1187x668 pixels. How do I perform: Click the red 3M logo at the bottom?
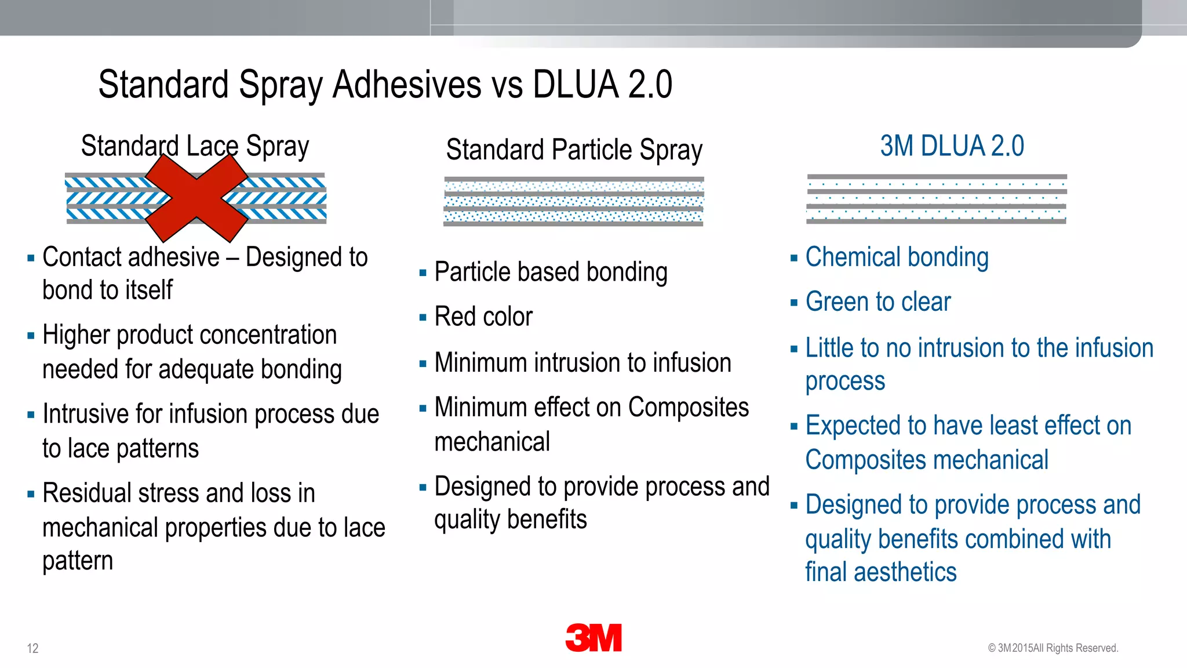point(593,638)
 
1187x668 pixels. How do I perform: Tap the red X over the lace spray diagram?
point(196,198)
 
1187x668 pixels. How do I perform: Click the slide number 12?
point(32,648)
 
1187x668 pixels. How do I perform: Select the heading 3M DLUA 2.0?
point(952,146)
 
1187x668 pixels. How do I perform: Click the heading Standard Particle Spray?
point(574,150)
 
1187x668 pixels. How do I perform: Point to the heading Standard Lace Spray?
point(195,146)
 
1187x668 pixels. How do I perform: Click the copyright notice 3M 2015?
point(1053,648)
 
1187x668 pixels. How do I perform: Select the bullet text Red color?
point(483,317)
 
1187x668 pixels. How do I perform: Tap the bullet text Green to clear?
point(877,302)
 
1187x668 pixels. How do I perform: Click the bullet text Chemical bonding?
point(897,257)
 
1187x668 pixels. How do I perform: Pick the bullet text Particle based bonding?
point(551,272)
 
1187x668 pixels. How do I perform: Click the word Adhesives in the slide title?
point(407,85)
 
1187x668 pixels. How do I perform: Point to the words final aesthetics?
point(880,572)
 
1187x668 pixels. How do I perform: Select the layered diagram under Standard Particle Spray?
point(574,201)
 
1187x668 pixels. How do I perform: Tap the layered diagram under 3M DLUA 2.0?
point(936,199)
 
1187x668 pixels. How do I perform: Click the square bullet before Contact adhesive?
point(31,259)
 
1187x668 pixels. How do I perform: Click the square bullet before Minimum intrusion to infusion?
point(423,364)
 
